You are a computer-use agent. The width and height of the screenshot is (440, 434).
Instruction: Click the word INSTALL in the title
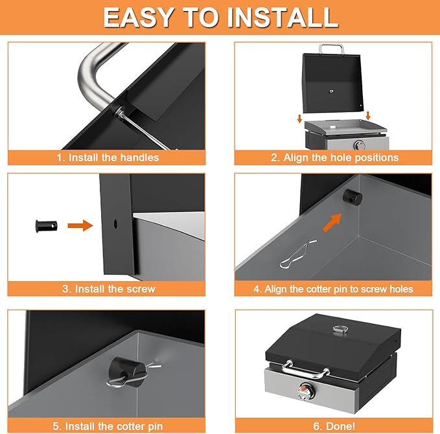point(283,17)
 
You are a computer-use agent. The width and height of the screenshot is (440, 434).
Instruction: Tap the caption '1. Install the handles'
point(108,157)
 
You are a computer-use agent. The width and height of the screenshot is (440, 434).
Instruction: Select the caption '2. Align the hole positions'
point(334,157)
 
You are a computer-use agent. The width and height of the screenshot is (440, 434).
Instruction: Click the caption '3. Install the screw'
point(109,289)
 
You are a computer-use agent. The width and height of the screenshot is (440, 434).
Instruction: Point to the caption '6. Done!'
point(334,426)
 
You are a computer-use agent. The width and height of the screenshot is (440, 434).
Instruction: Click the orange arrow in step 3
point(80,225)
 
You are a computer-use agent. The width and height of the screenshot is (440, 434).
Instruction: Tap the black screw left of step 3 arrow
point(46,226)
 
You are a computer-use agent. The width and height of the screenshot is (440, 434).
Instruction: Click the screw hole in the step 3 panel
point(115,224)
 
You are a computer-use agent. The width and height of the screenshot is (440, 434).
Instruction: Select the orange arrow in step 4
point(332,222)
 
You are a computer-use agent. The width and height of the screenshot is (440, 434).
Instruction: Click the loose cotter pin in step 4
point(298,253)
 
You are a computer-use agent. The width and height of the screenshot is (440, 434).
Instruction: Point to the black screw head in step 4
point(353,197)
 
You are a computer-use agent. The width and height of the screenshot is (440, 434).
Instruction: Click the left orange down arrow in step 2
point(299,119)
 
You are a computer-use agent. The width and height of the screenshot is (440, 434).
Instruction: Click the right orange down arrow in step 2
point(368,115)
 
